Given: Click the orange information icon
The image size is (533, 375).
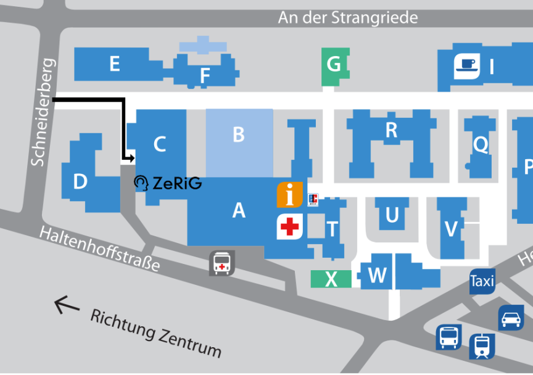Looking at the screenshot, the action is tap(289, 195).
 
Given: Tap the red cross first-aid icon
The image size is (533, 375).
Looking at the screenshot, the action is tap(289, 226).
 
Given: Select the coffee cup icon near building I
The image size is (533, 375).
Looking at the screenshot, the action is tap(467, 66).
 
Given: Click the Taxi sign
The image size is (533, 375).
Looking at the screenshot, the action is tap(482, 281).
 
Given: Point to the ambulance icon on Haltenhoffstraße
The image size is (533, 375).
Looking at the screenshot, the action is tap(222, 263).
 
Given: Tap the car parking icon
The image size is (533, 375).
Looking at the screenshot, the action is tap(511, 318).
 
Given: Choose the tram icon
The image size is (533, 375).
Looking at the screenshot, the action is tap(482, 347).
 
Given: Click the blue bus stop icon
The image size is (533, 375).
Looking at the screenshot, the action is tap(448, 337).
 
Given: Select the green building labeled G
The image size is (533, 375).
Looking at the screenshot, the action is tap(335, 67).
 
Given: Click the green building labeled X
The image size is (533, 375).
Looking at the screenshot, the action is tap(331, 279).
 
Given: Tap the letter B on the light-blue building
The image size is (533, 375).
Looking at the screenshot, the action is tap(239, 134).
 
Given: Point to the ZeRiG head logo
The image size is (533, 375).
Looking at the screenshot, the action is tap(141, 183).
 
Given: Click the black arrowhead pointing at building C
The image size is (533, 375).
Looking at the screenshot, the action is tap(131, 158).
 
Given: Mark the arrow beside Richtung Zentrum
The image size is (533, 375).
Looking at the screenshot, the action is tap(67, 305).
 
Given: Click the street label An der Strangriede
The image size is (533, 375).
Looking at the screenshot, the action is tap(348, 18).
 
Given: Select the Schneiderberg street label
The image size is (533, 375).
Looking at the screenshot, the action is tap(43, 112).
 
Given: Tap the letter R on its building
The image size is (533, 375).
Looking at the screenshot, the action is tap(392, 130).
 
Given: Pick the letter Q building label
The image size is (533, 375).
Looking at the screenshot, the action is tap(481, 145).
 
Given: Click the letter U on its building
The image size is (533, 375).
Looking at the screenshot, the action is tap(392, 215).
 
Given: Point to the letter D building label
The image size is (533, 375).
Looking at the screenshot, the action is tap(80, 181).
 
